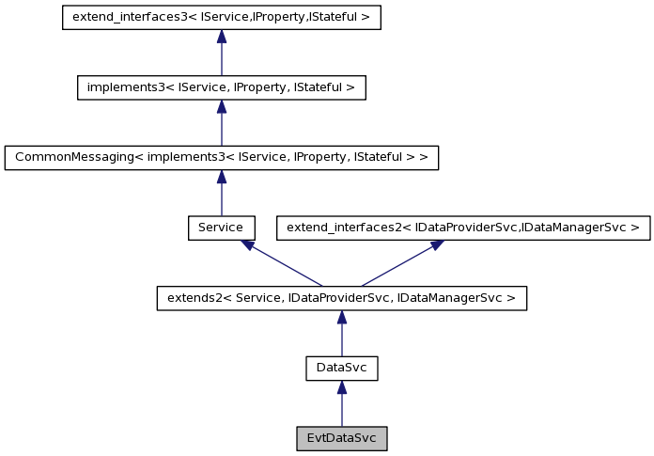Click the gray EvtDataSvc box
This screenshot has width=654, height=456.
[341, 438]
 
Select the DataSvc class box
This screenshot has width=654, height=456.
[341, 369]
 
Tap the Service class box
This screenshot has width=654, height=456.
[221, 228]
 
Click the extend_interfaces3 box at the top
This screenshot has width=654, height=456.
[221, 18]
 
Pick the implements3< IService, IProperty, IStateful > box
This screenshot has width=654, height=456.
[221, 87]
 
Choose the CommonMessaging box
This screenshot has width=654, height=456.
[221, 158]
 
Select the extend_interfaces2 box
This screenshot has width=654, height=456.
[462, 228]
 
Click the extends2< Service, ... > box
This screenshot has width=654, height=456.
[341, 298]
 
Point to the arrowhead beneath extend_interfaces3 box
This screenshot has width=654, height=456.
[221, 37]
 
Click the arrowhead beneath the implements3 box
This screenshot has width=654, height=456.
[221, 106]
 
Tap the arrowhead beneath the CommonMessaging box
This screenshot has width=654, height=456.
[221, 177]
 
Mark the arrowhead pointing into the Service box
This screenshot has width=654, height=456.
[247, 244]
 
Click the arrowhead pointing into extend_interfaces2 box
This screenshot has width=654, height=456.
[436, 244]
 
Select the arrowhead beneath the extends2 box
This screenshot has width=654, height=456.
[341, 317]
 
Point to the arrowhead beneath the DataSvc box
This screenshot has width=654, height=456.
[341, 387]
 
